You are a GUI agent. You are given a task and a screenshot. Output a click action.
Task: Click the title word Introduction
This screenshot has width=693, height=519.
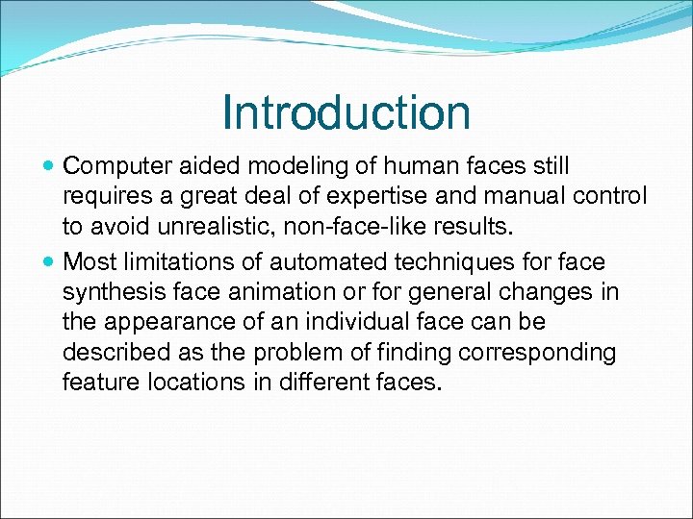[346, 112]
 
